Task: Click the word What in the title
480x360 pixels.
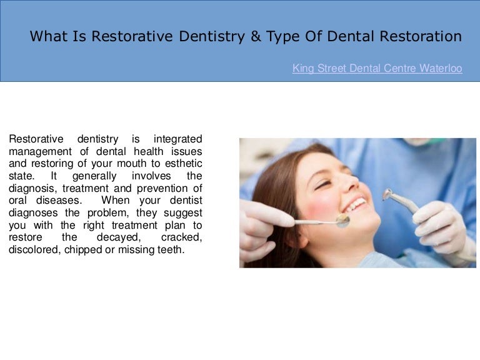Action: pyautogui.click(x=48, y=36)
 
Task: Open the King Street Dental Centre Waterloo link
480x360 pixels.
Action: pyautogui.click(x=377, y=69)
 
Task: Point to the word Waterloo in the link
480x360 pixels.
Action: pyautogui.click(x=440, y=69)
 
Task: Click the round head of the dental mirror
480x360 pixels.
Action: pyautogui.click(x=341, y=220)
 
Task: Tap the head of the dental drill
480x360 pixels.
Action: pyautogui.click(x=388, y=196)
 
